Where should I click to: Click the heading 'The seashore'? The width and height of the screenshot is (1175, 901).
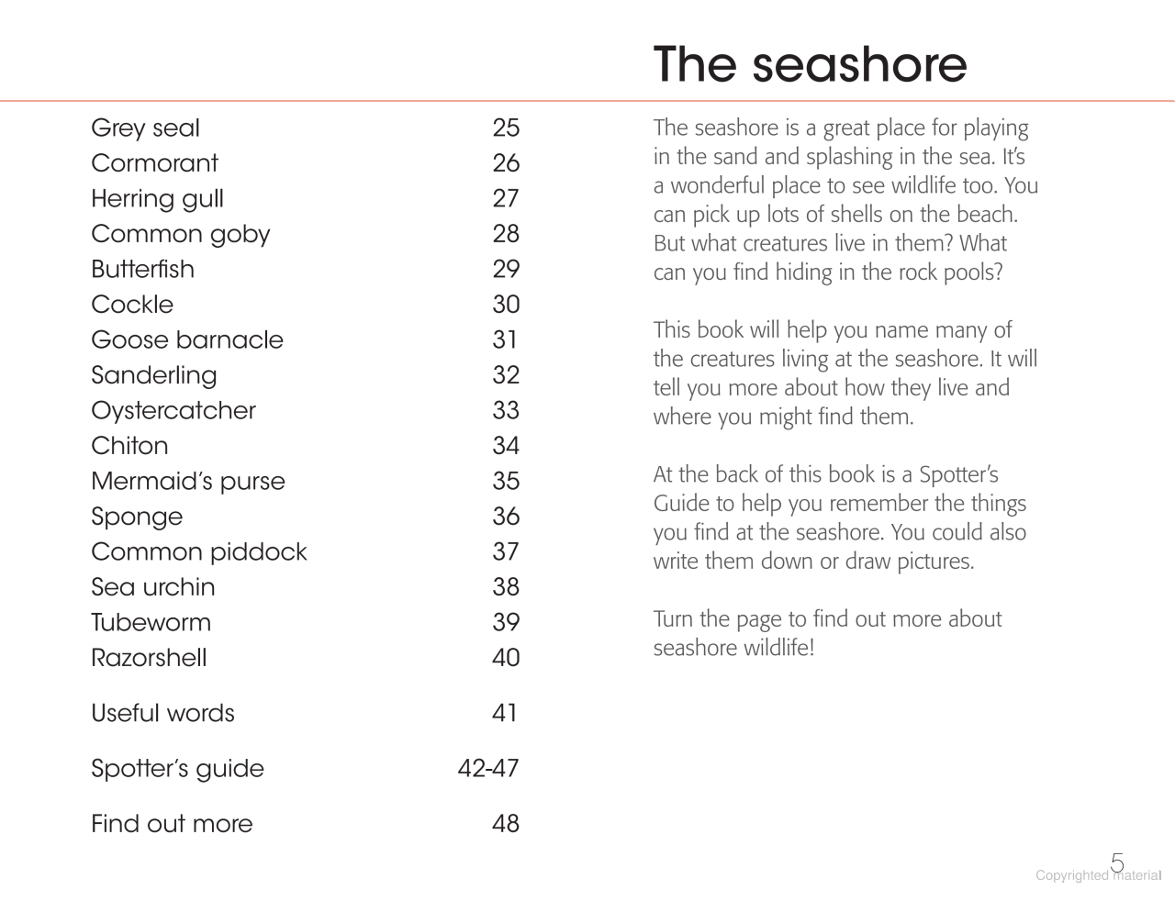810,64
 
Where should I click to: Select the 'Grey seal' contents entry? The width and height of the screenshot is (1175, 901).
145,128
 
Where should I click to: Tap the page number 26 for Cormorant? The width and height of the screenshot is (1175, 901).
506,163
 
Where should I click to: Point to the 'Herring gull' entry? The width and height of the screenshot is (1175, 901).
157,199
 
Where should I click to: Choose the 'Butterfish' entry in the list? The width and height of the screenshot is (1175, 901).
142,270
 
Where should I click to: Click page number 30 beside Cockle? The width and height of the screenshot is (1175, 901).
506,305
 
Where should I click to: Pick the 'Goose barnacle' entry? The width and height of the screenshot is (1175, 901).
187,340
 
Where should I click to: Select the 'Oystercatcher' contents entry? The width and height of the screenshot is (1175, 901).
173,411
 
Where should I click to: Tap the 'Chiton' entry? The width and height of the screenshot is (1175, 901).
129,446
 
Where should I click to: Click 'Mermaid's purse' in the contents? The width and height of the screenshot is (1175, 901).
188,482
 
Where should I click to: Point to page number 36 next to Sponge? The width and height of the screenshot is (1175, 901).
506,517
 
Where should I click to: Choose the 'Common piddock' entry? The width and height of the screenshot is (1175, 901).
199,552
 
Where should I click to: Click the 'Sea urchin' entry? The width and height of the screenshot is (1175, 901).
153,587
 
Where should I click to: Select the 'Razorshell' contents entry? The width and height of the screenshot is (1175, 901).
149,658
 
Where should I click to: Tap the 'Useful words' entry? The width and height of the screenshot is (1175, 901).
162,714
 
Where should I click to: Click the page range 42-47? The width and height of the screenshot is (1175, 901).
488,769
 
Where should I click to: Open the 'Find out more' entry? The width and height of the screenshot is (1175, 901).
172,824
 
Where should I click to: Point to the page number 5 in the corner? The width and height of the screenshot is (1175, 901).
1117,862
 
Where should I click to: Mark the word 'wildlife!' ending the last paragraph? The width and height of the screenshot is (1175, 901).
778,649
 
